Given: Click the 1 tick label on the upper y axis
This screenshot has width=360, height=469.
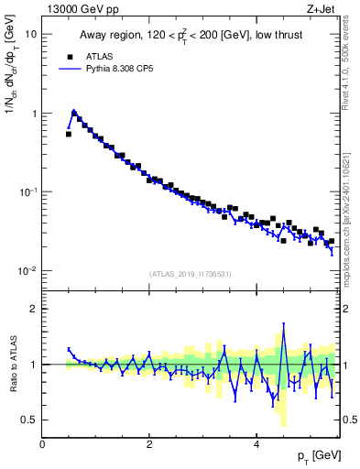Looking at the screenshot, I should click(x=34, y=114).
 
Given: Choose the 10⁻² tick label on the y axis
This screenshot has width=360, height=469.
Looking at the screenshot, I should click(x=28, y=271).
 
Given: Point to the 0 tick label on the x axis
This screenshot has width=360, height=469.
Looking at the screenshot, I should click(x=42, y=442).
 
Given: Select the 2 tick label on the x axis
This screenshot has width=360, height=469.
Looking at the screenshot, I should click(x=149, y=442).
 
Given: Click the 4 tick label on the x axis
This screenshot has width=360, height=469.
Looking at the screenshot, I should click(x=256, y=442).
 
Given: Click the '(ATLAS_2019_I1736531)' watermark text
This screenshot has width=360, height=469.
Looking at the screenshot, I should click(x=189, y=274).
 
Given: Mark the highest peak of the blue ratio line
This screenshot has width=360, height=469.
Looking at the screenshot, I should click(x=284, y=323).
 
